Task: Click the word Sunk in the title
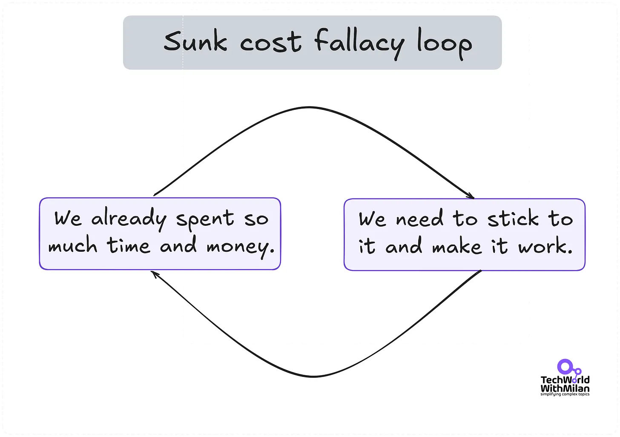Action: point(195,42)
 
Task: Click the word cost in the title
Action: point(271,43)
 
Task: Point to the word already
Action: point(129,219)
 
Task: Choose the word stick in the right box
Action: point(513,219)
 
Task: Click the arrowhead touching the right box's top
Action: point(471,196)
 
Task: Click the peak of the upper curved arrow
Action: point(310,107)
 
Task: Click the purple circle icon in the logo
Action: point(565,367)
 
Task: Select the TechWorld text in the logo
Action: point(565,380)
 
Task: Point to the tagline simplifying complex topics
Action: point(565,394)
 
